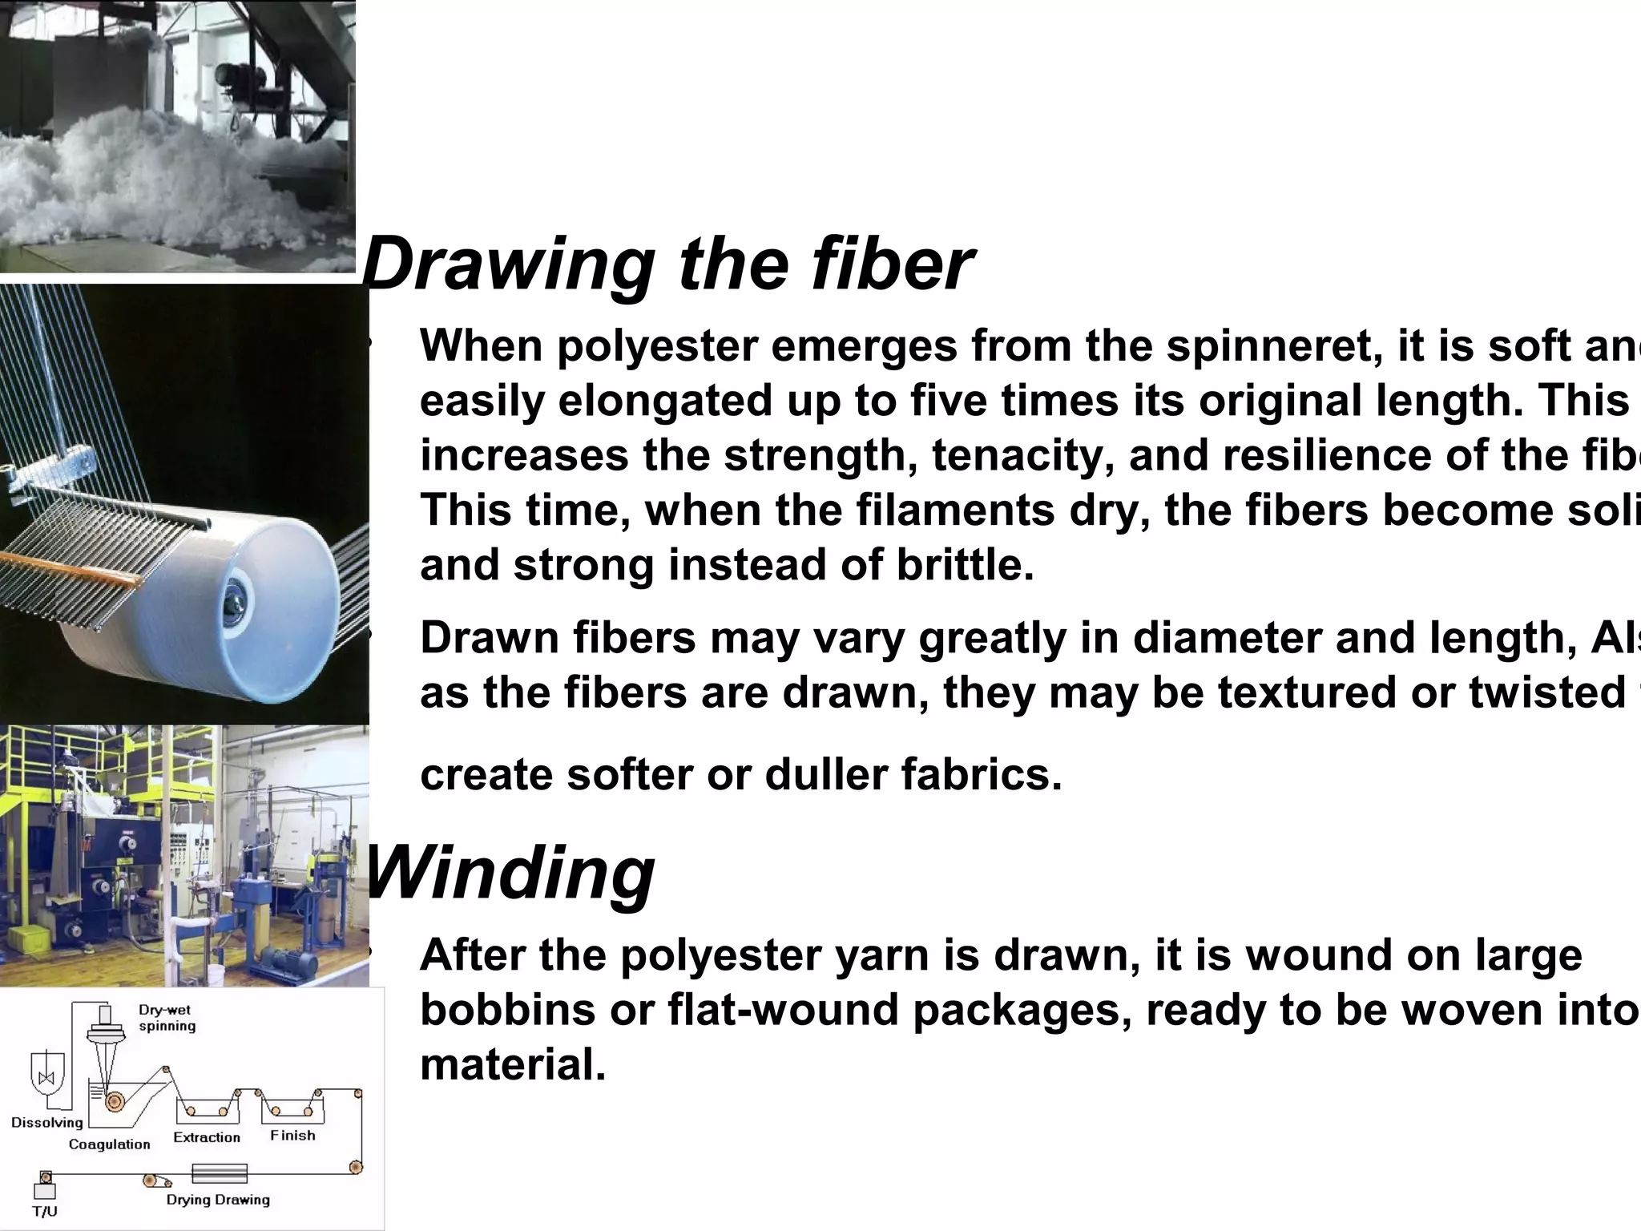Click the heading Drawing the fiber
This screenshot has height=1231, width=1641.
(667, 264)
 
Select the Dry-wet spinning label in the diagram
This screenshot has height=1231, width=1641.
(167, 1018)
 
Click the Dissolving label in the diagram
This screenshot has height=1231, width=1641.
(47, 1122)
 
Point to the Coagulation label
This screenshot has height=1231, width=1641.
(110, 1144)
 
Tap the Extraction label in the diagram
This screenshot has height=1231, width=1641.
(207, 1137)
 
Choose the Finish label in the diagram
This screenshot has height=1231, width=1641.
(292, 1136)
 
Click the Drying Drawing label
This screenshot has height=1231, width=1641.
(218, 1200)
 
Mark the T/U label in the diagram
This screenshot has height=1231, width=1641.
(45, 1212)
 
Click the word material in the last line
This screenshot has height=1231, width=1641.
(513, 1065)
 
